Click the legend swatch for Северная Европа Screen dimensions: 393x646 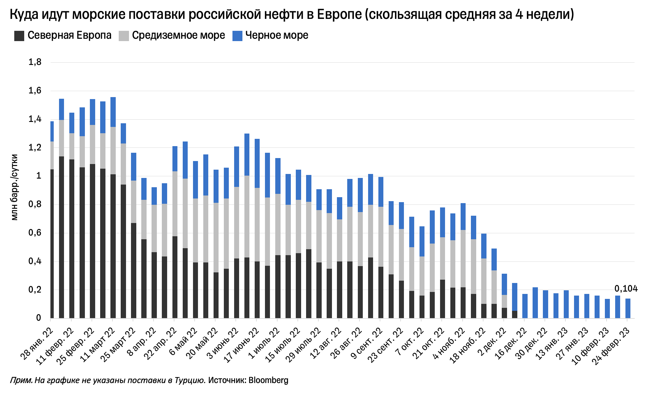point(19,36)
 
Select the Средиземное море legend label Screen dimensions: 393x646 point(178,35)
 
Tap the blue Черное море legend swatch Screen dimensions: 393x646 point(237,36)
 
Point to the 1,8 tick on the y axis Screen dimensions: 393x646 point(35,62)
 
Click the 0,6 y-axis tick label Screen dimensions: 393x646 point(35,233)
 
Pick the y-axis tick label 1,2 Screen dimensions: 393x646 point(35,147)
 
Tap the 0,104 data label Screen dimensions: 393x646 point(626,289)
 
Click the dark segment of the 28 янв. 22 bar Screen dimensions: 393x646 point(52,244)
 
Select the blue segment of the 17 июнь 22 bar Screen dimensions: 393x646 point(247,154)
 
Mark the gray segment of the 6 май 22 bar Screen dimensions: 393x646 point(185,213)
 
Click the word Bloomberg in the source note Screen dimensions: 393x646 point(268,380)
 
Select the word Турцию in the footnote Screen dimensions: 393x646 point(189,380)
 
